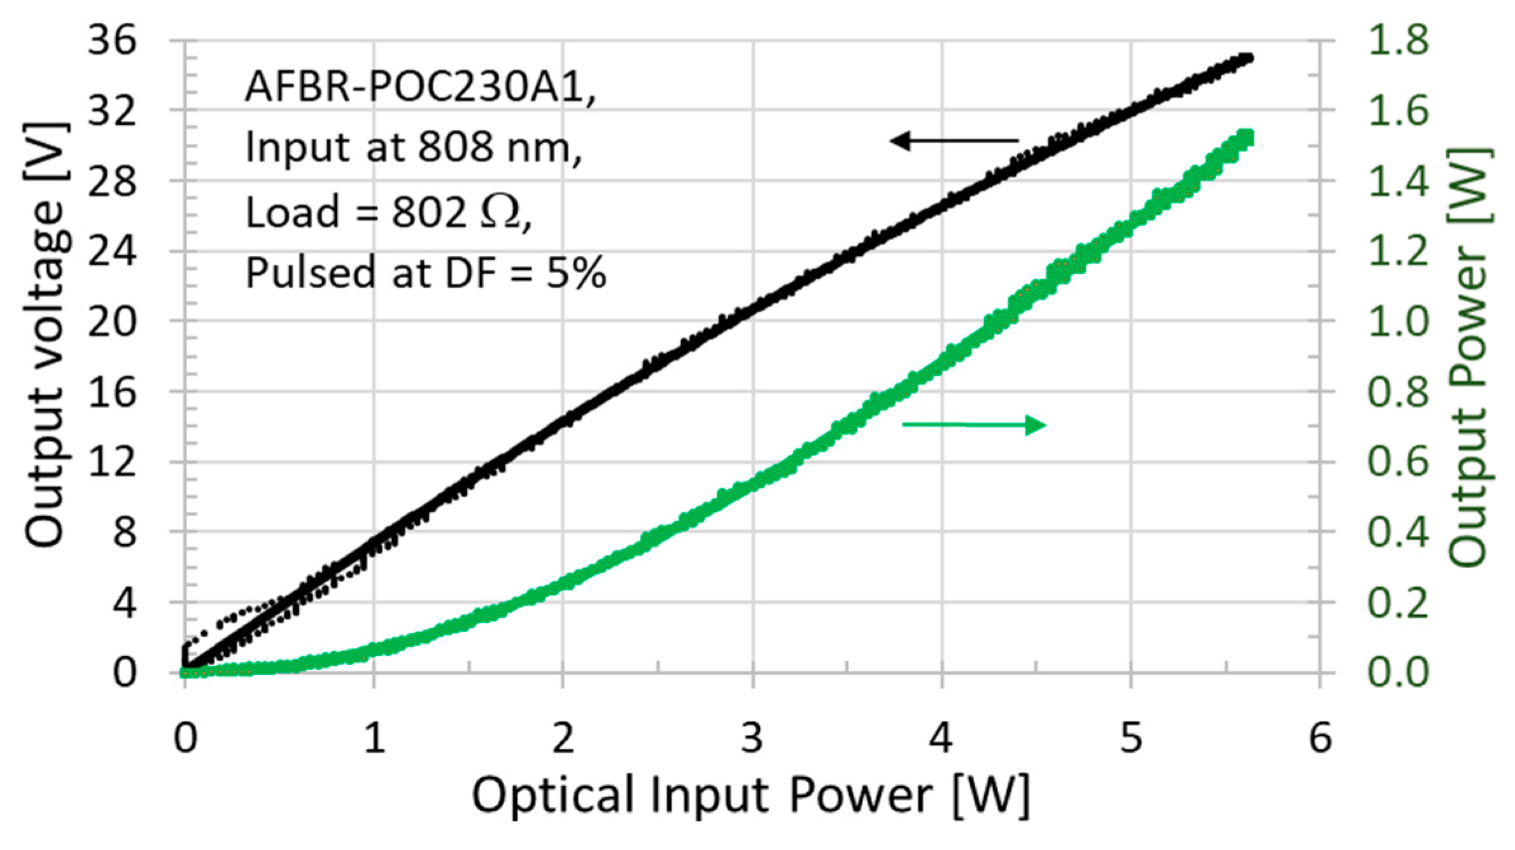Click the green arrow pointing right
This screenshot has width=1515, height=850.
974,424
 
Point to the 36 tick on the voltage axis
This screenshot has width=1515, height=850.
112,41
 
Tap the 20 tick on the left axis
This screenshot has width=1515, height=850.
112,321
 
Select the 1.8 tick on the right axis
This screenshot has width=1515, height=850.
1398,39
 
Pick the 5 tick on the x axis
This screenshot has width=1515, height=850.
1131,738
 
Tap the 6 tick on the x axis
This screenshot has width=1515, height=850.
1320,738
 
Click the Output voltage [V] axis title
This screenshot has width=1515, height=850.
45,334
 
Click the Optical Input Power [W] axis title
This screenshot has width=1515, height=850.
751,795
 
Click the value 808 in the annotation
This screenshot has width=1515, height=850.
455,148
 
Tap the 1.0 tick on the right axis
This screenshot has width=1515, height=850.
1398,321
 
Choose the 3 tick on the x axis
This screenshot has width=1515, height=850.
752,738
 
